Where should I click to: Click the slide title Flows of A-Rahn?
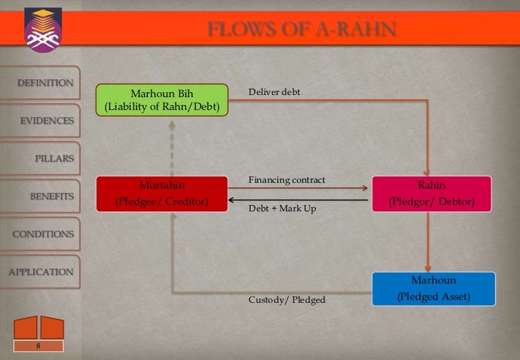point(301,29)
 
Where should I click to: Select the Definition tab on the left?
point(45,83)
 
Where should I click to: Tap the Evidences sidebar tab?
point(46,121)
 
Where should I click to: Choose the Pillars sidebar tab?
point(54,158)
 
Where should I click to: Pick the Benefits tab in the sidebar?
point(51,196)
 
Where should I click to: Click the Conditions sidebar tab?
point(42,234)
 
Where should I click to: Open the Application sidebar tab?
point(40,272)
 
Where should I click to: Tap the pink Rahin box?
point(431,194)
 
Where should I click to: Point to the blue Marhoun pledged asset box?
point(434,288)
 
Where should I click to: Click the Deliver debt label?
point(274,94)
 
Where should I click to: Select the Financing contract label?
point(286,179)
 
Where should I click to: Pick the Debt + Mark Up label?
point(281,209)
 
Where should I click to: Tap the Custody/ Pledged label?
point(286,299)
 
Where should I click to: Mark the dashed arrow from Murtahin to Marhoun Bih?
point(171,147)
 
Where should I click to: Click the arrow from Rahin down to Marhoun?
point(427,242)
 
